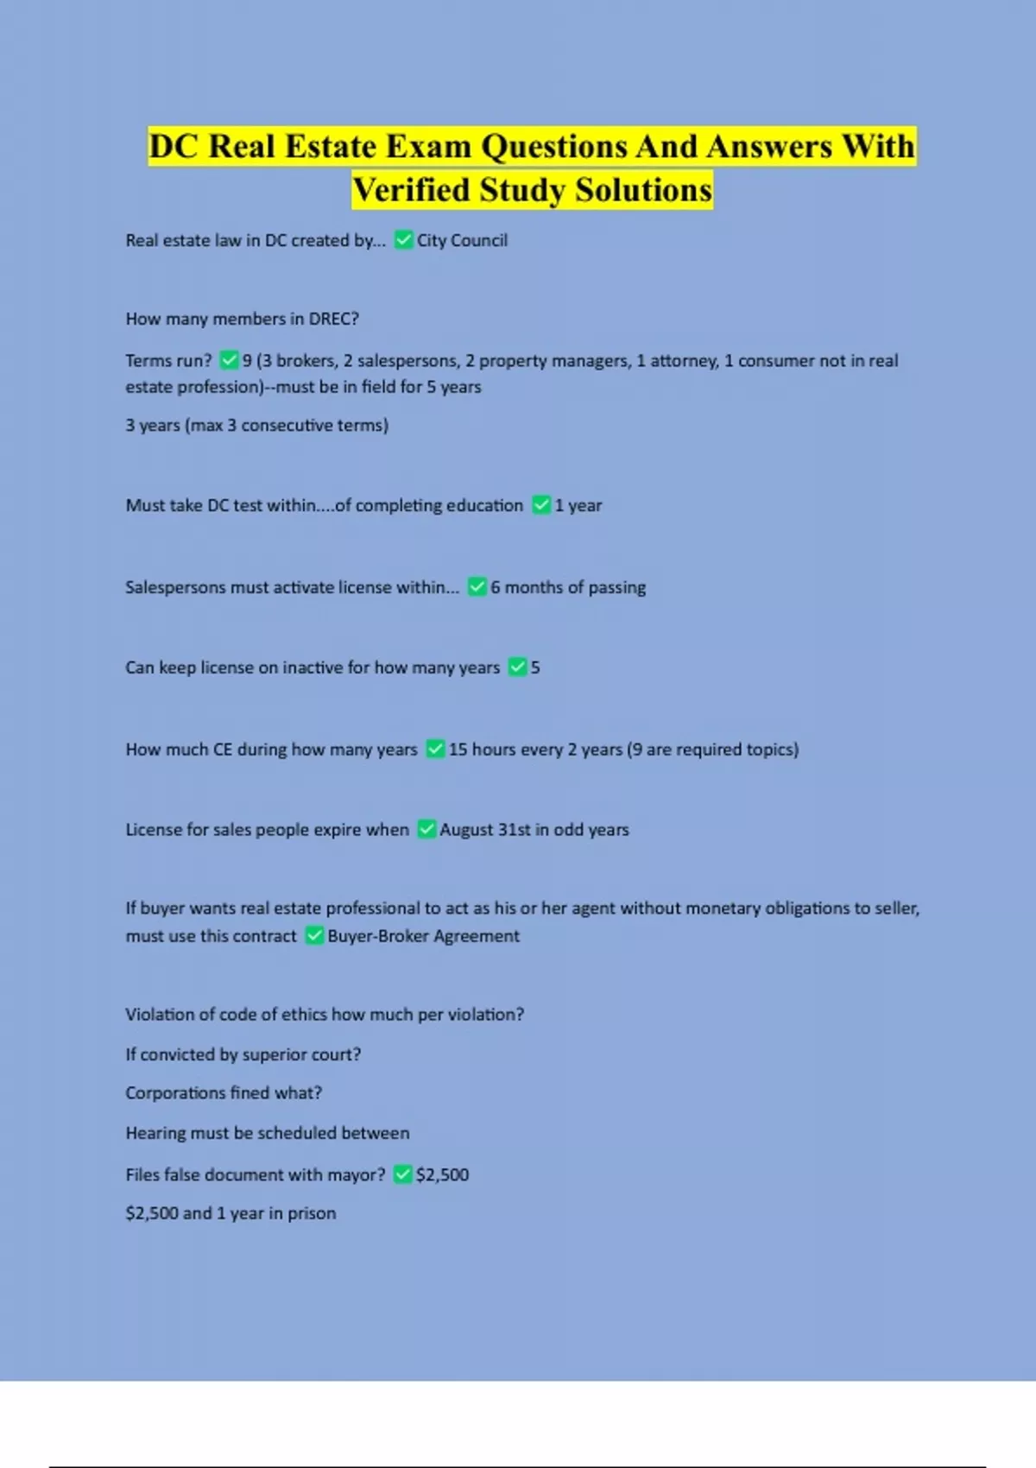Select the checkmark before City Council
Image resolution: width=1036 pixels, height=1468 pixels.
pyautogui.click(x=403, y=240)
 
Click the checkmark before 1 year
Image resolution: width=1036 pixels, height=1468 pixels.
pyautogui.click(x=541, y=505)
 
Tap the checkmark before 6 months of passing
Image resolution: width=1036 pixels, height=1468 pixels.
pyautogui.click(x=477, y=587)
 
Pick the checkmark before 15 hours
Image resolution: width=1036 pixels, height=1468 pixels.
pyautogui.click(x=436, y=749)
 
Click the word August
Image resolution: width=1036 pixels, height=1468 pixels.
pyautogui.click(x=466, y=830)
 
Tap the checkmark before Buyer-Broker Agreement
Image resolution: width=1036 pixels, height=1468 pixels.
pyautogui.click(x=315, y=936)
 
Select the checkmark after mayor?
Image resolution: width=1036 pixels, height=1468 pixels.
pyautogui.click(x=402, y=1174)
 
